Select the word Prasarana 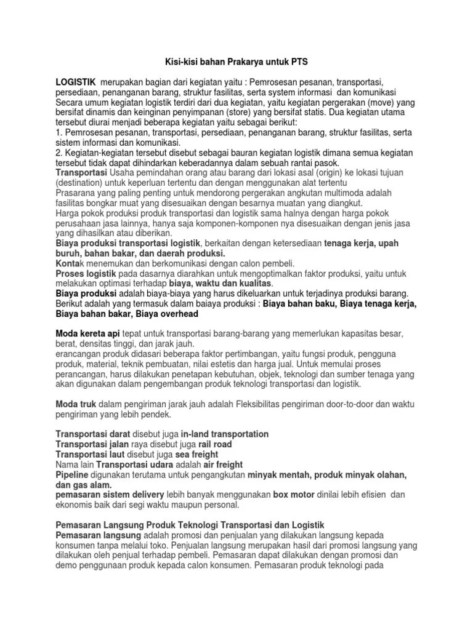pyautogui.click(x=77, y=193)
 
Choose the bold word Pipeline pyautogui.click(x=72, y=476)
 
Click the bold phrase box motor pyautogui.click(x=294, y=495)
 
